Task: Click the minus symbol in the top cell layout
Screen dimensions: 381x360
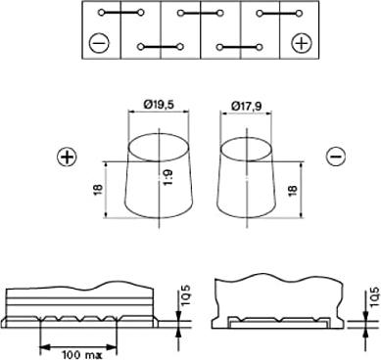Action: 99,43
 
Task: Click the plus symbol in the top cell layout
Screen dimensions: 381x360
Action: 302,43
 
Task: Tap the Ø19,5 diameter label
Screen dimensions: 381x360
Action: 159,105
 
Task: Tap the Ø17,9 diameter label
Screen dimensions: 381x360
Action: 246,107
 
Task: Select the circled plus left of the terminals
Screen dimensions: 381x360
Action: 68,157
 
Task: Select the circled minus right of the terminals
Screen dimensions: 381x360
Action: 335,157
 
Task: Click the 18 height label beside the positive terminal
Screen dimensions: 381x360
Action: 99,190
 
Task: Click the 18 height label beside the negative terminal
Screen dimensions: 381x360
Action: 292,190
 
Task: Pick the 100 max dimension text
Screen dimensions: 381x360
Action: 79,355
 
